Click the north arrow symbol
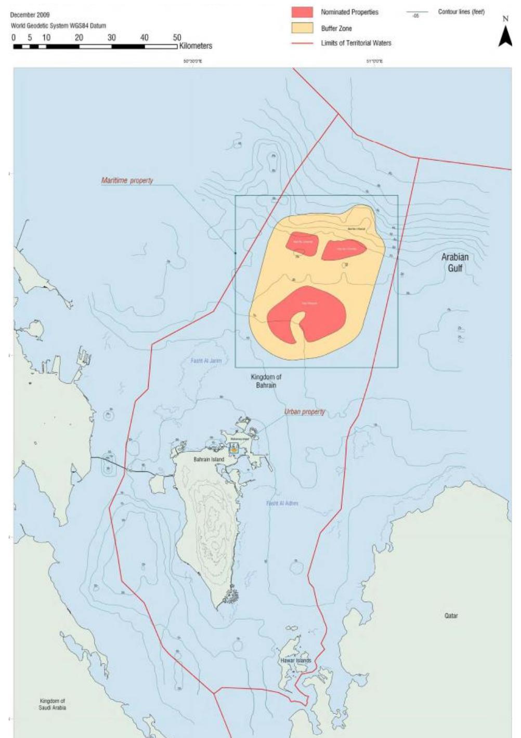pyautogui.click(x=505, y=36)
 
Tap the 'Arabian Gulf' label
pyautogui.click(x=455, y=262)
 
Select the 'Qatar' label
pyautogui.click(x=451, y=615)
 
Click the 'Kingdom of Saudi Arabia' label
pyautogui.click(x=53, y=704)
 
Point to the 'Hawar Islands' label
pyautogui.click(x=296, y=661)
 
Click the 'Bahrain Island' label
pyautogui.click(x=209, y=459)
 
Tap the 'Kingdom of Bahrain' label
pyautogui.click(x=266, y=381)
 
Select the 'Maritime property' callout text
pyautogui.click(x=127, y=180)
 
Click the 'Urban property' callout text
pyautogui.click(x=304, y=412)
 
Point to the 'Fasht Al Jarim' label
pyautogui.click(x=206, y=361)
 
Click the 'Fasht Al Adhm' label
pyautogui.click(x=282, y=503)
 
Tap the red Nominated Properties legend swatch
pyautogui.click(x=302, y=12)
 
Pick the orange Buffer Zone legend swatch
pyautogui.click(x=302, y=28)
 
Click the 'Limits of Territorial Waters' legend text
pyautogui.click(x=356, y=43)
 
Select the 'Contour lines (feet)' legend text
pyautogui.click(x=461, y=12)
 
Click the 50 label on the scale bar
pyautogui.click(x=177, y=37)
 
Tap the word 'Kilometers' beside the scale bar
pyautogui.click(x=196, y=46)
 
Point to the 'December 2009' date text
pyautogui.click(x=30, y=15)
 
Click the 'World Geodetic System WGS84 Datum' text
pyautogui.click(x=58, y=25)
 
